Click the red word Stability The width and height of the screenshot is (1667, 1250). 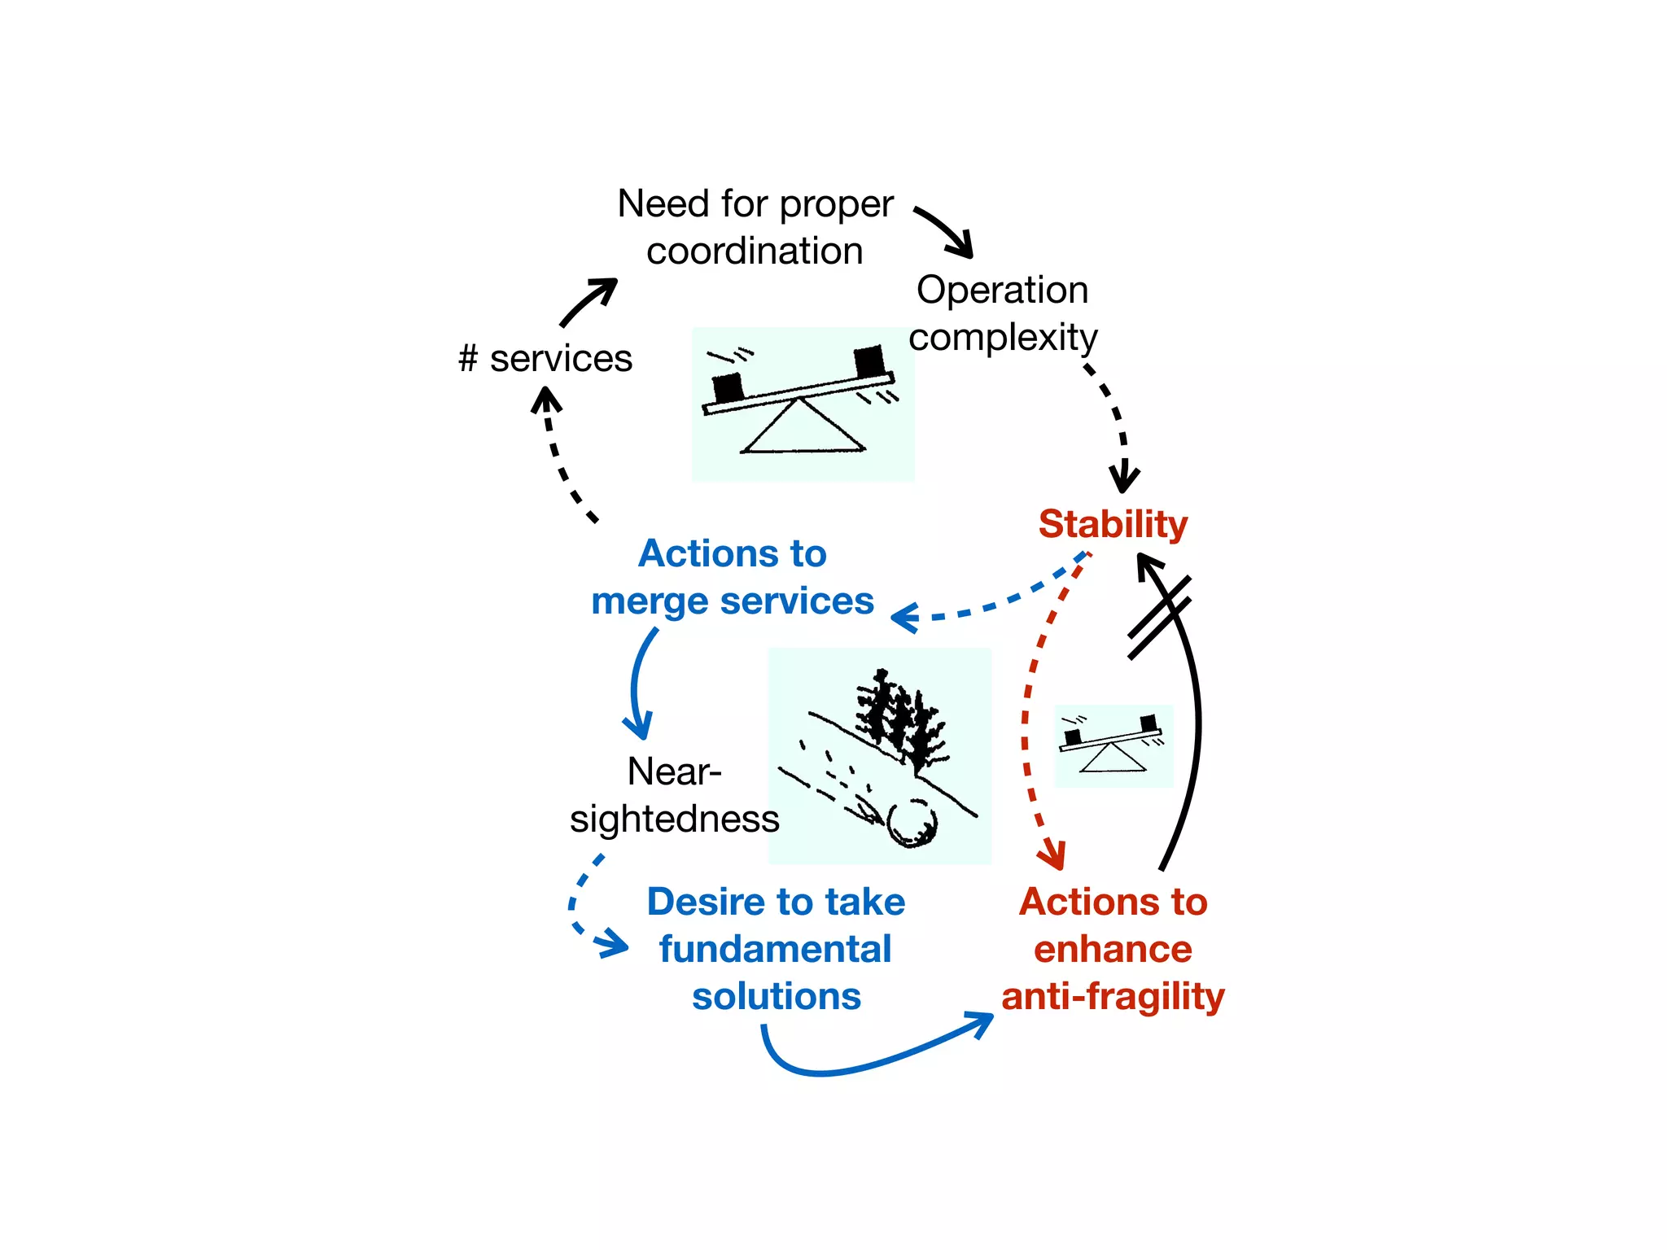pos(1113,524)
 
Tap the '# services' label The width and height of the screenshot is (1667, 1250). pos(545,358)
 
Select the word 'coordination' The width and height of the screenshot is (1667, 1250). pos(755,251)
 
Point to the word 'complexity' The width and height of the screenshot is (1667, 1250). pos(1003,337)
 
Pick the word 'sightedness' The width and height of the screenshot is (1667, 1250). pos(674,819)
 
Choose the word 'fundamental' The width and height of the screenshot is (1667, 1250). pos(776,949)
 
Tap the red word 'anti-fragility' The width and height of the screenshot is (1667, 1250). pos(1113,996)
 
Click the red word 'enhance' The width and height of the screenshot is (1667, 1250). pos(1113,949)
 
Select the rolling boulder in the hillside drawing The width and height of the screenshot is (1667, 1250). pos(912,822)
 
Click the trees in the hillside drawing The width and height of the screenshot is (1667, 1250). pos(899,716)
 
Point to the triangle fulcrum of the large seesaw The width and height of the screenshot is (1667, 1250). pos(802,427)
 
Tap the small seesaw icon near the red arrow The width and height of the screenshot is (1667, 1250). pos(1114,745)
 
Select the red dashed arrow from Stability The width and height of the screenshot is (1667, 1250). pos(1027,716)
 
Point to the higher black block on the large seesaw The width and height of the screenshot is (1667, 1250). pos(869,361)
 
